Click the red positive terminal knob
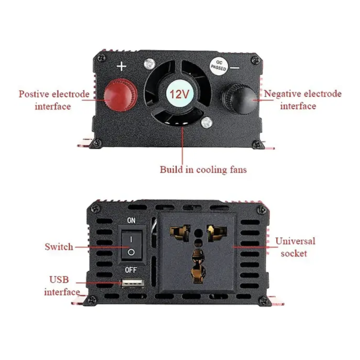[121, 95]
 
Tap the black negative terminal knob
[240, 99]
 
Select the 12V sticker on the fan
[179, 94]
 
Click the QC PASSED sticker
[219, 66]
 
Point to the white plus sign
[121, 67]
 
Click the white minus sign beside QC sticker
[234, 68]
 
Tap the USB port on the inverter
[133, 283]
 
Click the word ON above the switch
[131, 220]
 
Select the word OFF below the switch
[131, 270]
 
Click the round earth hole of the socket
[198, 234]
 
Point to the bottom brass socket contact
[198, 266]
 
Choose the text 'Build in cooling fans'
[203, 170]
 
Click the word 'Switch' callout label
[59, 247]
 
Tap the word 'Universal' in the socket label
[295, 241]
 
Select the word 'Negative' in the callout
[283, 94]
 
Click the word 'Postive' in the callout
[34, 94]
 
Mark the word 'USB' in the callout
[59, 279]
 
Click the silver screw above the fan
[149, 64]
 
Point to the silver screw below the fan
[207, 122]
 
